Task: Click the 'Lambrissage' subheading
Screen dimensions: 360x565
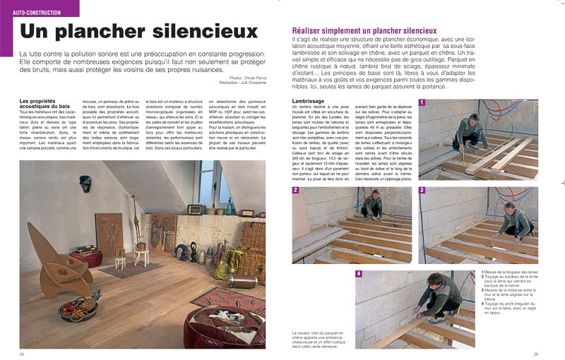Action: click(308, 102)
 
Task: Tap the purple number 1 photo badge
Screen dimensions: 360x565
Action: click(422, 102)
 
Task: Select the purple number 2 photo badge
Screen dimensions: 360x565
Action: click(296, 190)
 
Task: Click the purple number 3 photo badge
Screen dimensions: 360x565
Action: click(422, 190)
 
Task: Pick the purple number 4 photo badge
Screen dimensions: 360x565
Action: click(359, 274)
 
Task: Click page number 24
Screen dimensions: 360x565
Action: click(23, 354)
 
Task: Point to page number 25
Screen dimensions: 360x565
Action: click(536, 354)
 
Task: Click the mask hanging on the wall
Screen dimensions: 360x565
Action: click(85, 183)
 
